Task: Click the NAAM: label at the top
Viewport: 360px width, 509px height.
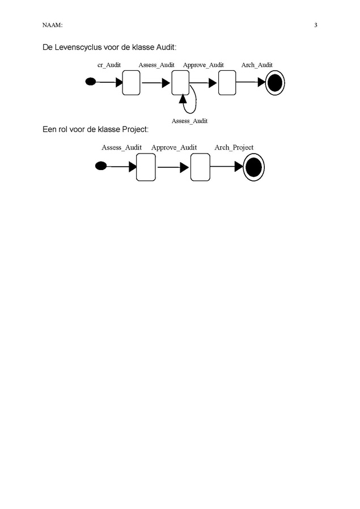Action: tap(52, 25)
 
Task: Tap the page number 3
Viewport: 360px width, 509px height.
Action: tap(316, 25)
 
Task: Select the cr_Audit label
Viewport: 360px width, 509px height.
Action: tap(109, 65)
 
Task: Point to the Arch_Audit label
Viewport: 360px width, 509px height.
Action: tap(257, 65)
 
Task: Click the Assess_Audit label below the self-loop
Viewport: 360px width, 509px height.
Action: tap(189, 121)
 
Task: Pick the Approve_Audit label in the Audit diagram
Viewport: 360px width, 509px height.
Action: tap(203, 65)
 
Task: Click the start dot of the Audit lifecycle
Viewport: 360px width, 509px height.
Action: tap(91, 82)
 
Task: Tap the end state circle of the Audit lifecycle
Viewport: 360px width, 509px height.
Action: tap(275, 83)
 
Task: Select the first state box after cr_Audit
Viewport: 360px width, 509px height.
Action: tap(131, 83)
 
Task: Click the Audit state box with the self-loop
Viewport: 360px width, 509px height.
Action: tap(180, 83)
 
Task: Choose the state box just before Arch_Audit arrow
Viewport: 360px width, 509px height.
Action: tap(227, 83)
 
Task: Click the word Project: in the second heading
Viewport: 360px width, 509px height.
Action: tap(135, 130)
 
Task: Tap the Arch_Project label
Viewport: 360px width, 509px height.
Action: tap(234, 147)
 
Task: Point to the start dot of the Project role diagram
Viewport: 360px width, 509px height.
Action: tap(101, 166)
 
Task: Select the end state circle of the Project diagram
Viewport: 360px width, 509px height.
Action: tap(254, 168)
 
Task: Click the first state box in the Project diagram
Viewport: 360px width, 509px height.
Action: tap(146, 167)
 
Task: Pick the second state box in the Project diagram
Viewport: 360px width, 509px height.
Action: tap(200, 167)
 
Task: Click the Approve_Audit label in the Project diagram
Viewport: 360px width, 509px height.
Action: tap(174, 147)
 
